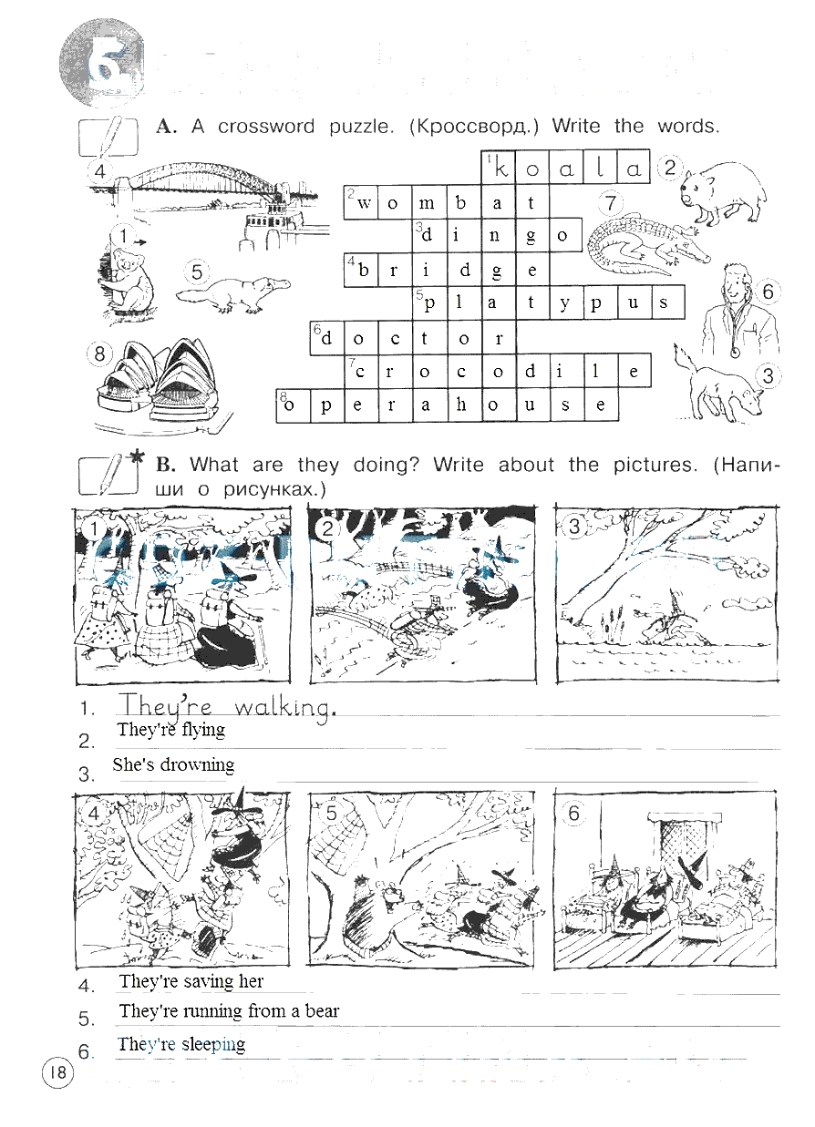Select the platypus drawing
[233, 293]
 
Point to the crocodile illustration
[648, 244]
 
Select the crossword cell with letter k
[499, 167]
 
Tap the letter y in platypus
[566, 302]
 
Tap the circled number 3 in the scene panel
[575, 527]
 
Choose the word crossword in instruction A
[266, 126]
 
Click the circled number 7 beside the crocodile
[611, 203]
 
